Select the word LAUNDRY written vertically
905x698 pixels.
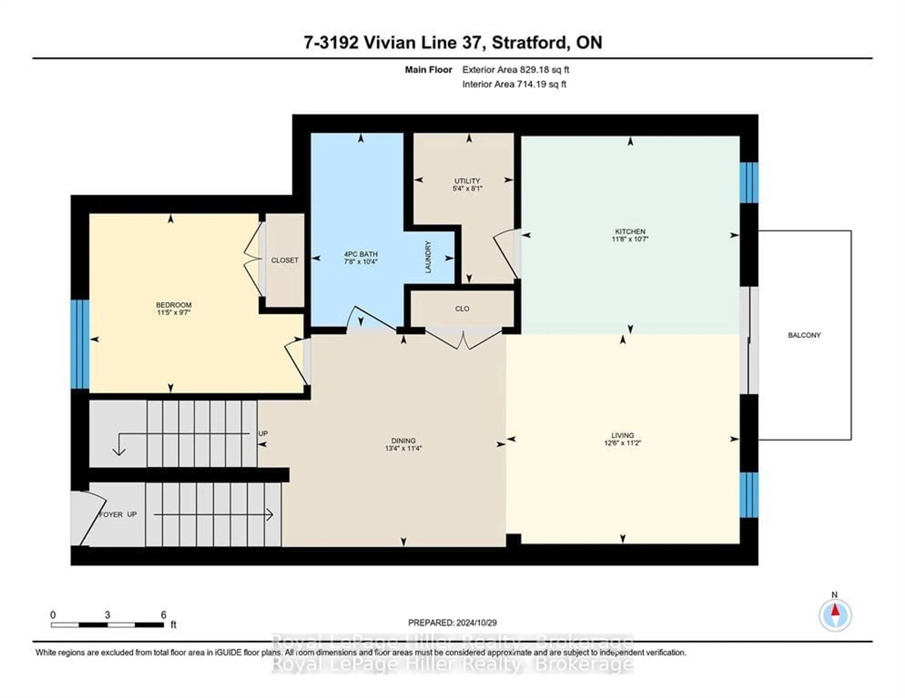428,257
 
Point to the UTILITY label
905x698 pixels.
467,181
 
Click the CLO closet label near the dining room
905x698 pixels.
462,309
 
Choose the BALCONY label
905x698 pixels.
804,335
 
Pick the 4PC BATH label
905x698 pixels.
361,254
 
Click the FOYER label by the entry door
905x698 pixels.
111,514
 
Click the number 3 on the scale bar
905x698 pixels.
107,615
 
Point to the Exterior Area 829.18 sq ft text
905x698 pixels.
515,69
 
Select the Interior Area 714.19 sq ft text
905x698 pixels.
514,84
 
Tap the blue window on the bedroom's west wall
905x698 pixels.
80,344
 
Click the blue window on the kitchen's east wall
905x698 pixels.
749,182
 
